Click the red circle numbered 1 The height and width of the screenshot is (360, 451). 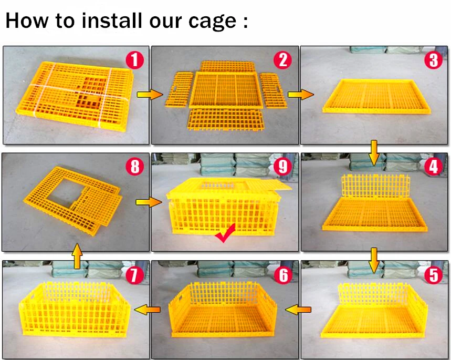[x=134, y=60]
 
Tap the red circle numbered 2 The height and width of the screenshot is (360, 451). [x=283, y=60]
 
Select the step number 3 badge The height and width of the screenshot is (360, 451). [x=434, y=60]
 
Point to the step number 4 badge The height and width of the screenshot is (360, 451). [x=434, y=167]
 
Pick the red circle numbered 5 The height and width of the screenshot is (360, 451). [x=434, y=275]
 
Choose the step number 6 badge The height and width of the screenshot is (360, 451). [x=283, y=275]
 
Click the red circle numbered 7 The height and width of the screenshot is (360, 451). [x=134, y=275]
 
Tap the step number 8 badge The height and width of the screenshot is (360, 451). [x=134, y=167]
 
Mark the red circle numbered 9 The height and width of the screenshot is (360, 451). [x=283, y=167]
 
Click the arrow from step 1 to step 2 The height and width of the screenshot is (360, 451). [x=150, y=95]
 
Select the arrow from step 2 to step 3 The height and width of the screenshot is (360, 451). [x=301, y=95]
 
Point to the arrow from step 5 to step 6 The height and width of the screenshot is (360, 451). [x=298, y=310]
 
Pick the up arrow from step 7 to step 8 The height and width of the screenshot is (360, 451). [x=77, y=256]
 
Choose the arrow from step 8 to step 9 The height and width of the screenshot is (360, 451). [x=149, y=202]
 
